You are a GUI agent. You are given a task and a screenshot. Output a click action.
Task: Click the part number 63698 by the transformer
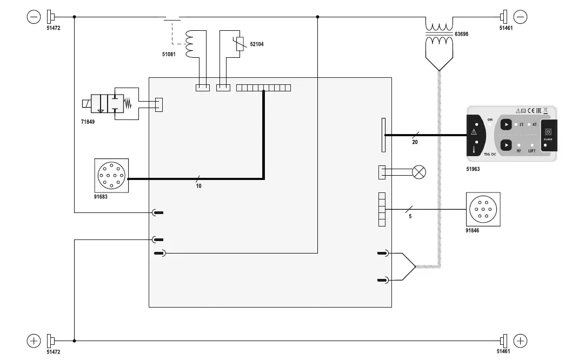[461, 34]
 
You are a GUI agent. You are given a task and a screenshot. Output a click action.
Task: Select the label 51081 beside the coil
[169, 54]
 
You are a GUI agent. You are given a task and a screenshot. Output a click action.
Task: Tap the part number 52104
[257, 44]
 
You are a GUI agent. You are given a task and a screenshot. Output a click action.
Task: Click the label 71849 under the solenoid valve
[88, 122]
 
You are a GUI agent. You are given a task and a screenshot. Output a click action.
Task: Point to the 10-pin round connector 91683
[111, 175]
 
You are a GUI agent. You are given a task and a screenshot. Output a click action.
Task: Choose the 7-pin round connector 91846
[482, 209]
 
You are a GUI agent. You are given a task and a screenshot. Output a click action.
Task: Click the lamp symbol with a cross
[419, 172]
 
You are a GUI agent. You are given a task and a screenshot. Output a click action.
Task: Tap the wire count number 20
[415, 143]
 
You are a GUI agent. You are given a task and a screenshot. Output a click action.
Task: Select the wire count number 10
[198, 185]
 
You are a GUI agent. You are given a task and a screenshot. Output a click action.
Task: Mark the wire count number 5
[410, 216]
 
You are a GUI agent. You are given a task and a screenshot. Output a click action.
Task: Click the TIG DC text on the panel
[490, 155]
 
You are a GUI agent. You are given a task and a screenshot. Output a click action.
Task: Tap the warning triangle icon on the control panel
[474, 131]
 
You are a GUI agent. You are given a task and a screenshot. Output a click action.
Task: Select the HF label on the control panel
[519, 151]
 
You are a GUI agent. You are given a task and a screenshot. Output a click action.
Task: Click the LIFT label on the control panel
[531, 151]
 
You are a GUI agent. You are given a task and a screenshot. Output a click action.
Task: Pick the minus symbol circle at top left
[34, 17]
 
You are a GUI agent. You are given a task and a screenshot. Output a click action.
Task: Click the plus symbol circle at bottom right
[520, 341]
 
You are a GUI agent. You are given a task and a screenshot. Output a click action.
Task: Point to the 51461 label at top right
[506, 28]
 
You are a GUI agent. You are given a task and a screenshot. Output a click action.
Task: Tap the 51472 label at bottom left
[53, 351]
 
